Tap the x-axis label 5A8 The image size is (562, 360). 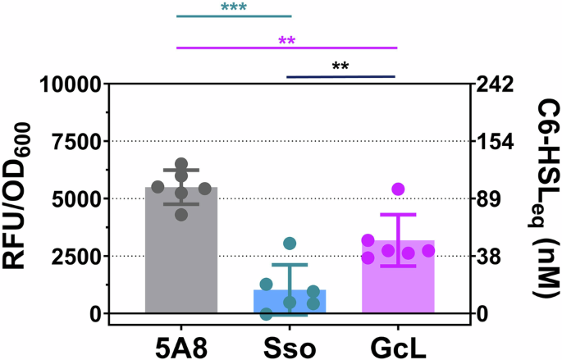coord(181,344)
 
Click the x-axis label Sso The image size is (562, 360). coord(290,344)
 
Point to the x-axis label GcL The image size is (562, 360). coord(398,344)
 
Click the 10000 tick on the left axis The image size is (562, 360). coord(78,84)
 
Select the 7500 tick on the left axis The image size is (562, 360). coord(84,142)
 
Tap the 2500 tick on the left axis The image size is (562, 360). coord(84,257)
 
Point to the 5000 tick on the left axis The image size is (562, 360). coord(84,199)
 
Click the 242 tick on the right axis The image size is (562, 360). coord(496,84)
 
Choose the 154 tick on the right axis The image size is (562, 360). coord(496,142)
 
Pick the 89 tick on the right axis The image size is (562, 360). coord(490,199)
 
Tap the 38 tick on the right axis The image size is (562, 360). coord(490,257)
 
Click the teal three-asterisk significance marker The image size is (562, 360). coord(234,9)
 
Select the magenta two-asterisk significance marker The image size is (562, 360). coord(286,41)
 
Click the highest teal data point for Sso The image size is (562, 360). coord(290,244)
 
